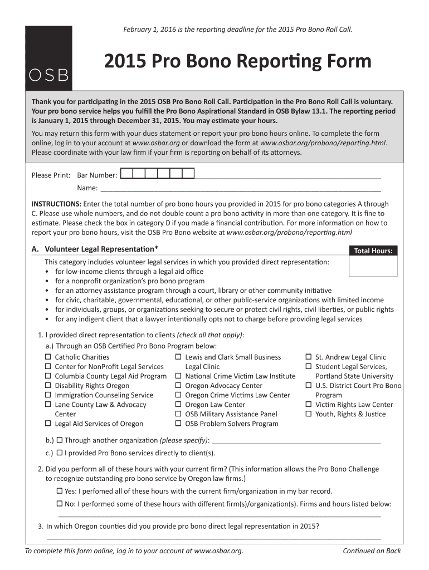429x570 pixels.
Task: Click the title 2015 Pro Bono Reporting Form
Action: pos(238,61)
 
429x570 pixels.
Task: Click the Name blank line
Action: pos(240,188)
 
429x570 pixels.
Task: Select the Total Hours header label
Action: pos(373,251)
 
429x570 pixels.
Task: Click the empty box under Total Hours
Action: pos(373,266)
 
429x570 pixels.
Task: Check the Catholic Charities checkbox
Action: pos(48,357)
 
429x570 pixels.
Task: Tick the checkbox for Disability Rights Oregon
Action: pos(48,386)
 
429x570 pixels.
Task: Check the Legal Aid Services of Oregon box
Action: pos(48,424)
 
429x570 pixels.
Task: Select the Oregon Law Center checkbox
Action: pos(179,405)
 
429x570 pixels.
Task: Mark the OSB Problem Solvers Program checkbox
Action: pos(179,424)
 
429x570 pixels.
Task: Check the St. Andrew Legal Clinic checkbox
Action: pos(309,357)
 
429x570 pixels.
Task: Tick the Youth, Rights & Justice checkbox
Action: pos(309,414)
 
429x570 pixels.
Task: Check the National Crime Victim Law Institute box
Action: pos(179,376)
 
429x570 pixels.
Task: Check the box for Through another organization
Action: pos(59,440)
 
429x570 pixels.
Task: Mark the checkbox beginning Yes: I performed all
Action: pos(60,491)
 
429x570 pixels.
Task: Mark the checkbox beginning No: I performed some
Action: pos(60,504)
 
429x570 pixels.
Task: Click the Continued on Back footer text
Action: pos(372,551)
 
